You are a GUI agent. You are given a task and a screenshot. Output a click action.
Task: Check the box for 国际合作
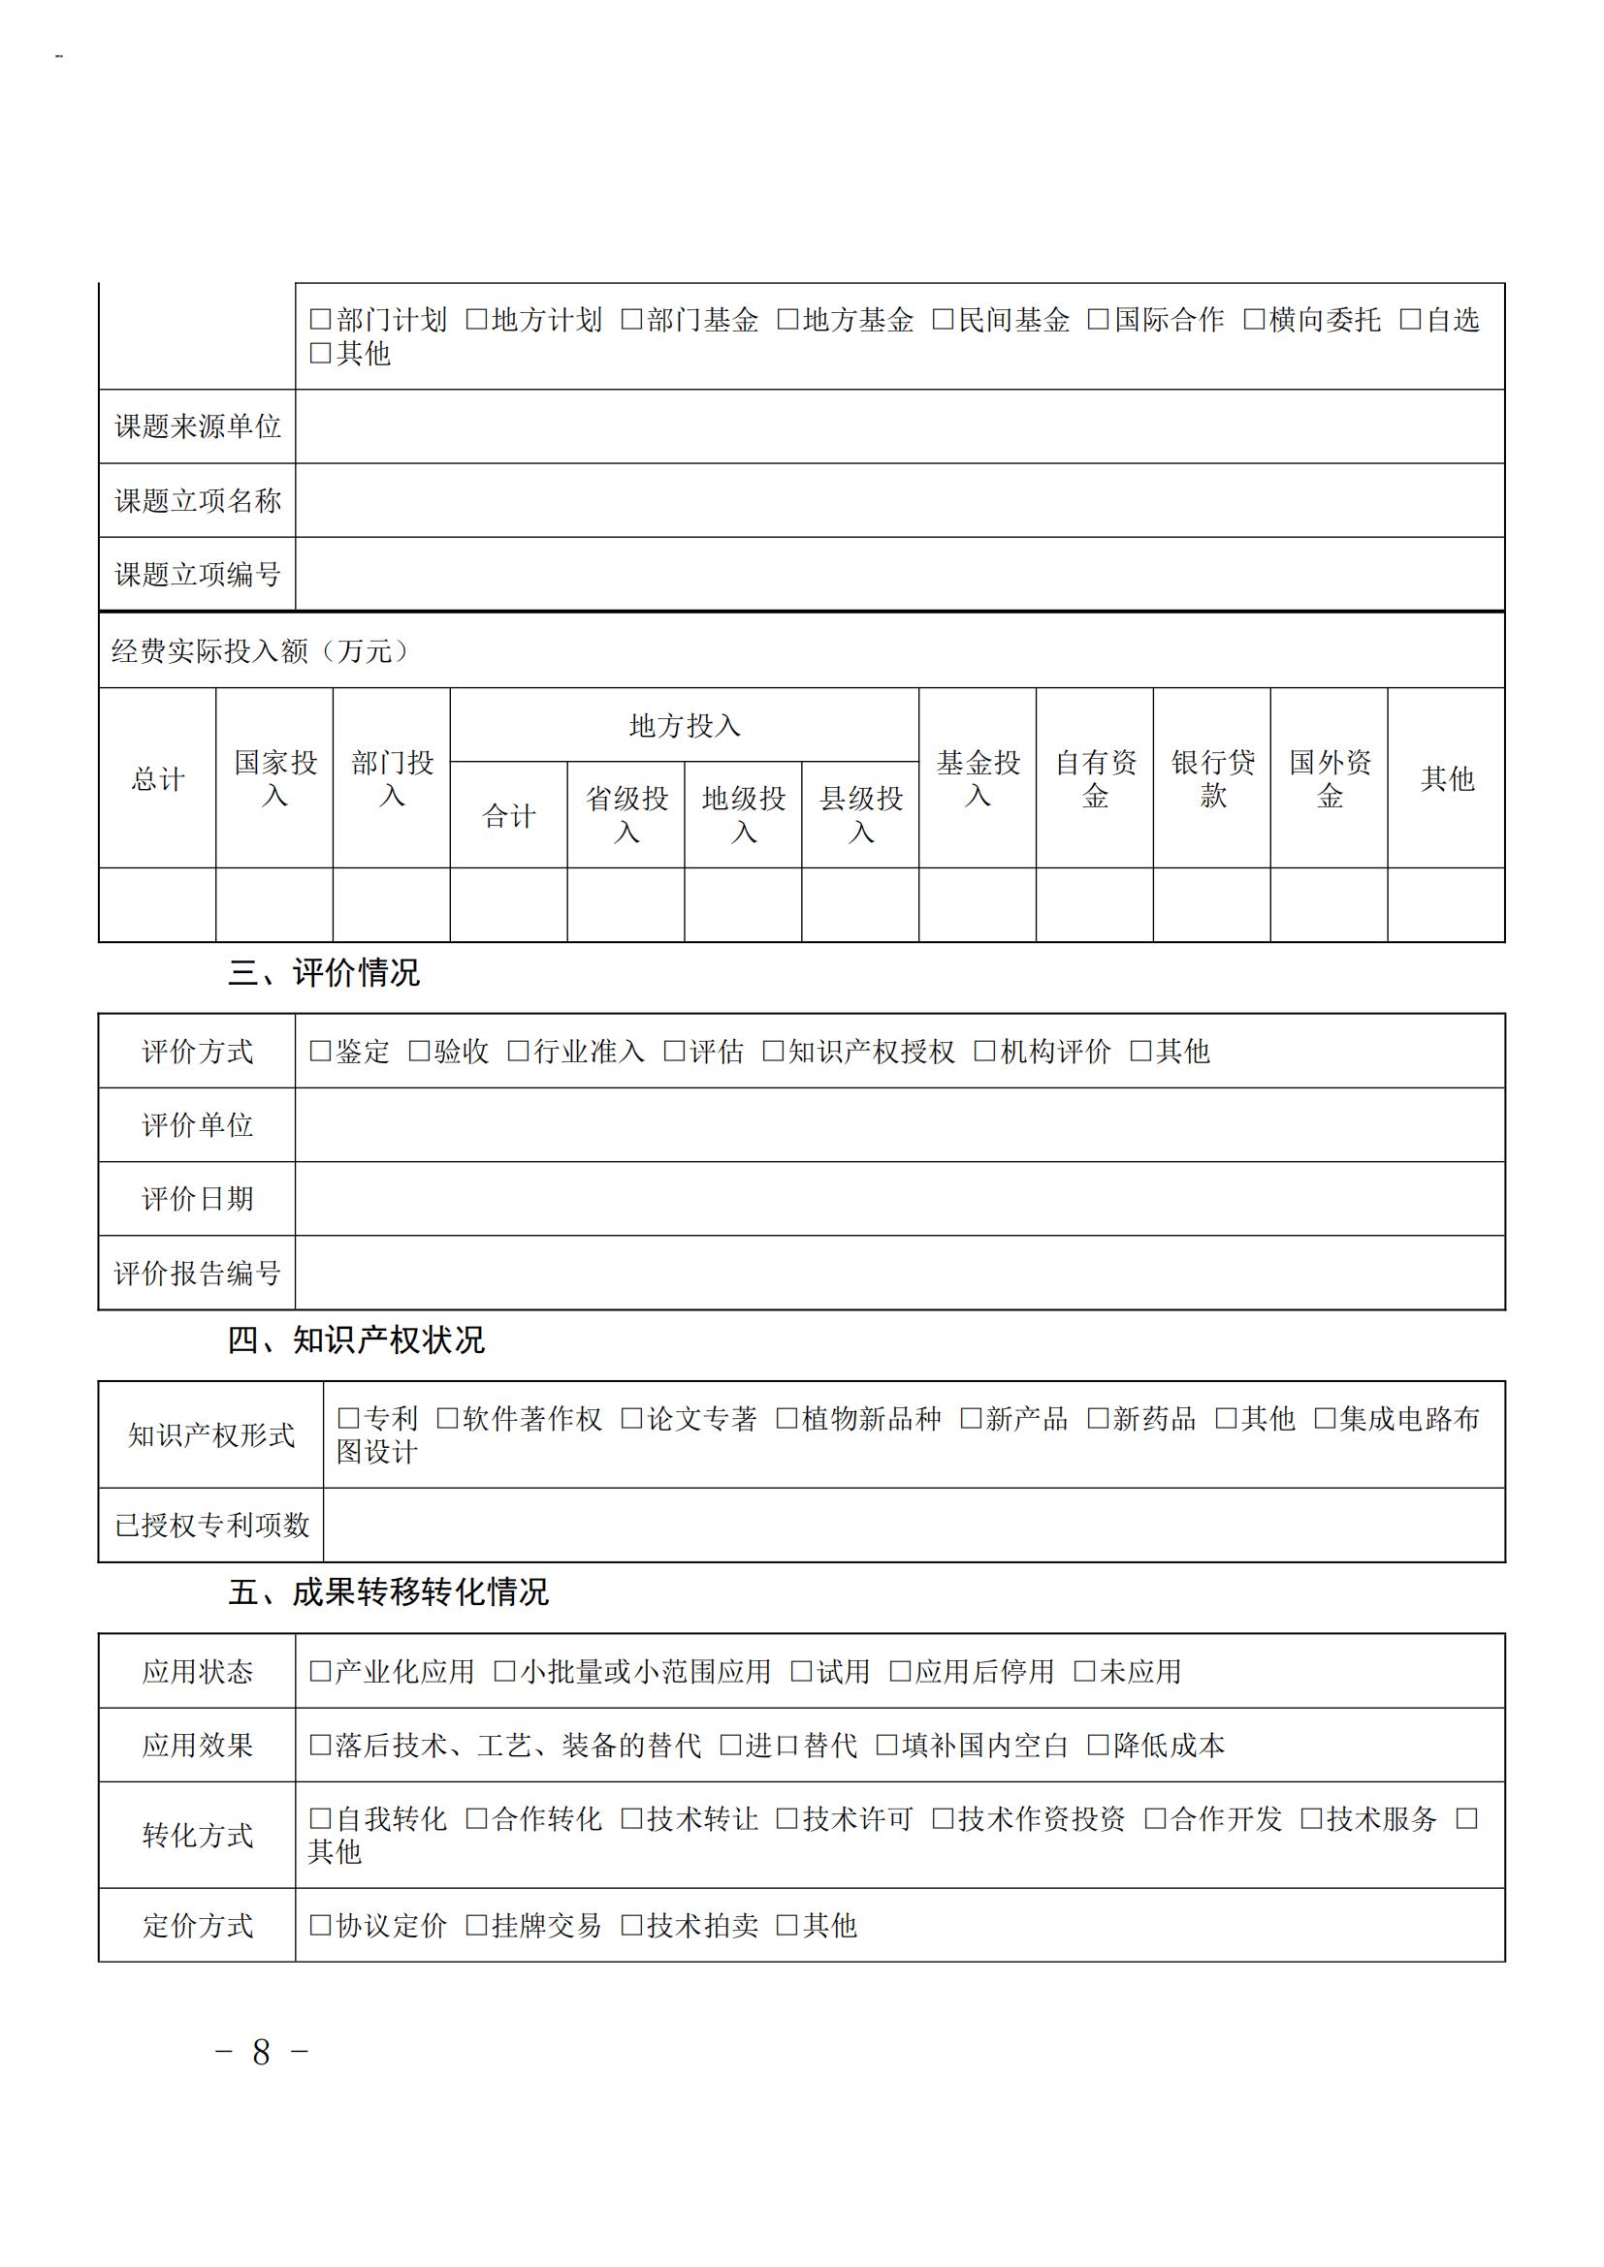[x=1098, y=320]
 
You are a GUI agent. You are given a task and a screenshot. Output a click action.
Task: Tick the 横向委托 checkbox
[x=1253, y=320]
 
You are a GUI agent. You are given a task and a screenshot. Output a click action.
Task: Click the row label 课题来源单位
[x=198, y=426]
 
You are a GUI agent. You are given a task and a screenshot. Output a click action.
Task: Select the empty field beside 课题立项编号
[x=899, y=575]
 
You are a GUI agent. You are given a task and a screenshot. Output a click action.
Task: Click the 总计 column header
[x=158, y=779]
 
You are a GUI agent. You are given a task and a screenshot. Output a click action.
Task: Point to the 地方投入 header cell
[x=685, y=726]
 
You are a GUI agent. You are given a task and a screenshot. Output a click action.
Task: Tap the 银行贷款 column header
[x=1212, y=779]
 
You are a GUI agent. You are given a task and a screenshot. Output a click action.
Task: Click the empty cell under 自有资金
[x=1094, y=905]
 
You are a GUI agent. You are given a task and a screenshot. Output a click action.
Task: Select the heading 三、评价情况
[x=324, y=973]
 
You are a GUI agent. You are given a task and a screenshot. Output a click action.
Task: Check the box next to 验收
[x=419, y=1052]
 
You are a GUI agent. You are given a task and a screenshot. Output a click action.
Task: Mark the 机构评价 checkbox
[x=984, y=1052]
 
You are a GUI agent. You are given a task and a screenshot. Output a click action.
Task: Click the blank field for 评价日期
[x=899, y=1199]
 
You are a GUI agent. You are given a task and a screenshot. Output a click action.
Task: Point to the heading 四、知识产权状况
[x=356, y=1340]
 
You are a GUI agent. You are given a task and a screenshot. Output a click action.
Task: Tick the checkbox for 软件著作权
[x=447, y=1419]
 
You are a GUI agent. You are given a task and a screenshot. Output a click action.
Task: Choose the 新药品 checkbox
[x=1098, y=1419]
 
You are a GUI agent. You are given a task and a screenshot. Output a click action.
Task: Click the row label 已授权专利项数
[x=211, y=1526]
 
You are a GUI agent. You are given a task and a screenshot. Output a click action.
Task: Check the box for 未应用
[x=1084, y=1672]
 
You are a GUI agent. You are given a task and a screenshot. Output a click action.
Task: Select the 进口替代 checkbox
[x=730, y=1746]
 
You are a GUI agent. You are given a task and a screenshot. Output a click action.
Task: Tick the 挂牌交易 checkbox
[x=476, y=1926]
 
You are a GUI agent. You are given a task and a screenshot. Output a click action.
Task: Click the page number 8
[x=261, y=2053]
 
